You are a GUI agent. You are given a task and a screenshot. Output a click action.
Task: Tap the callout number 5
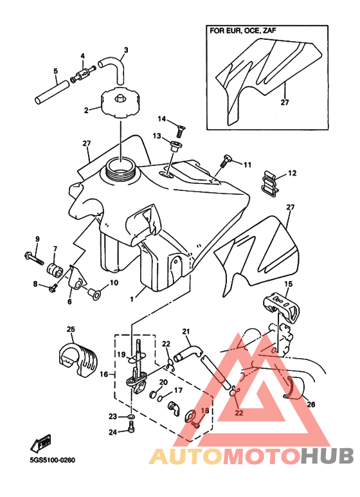click(x=56, y=70)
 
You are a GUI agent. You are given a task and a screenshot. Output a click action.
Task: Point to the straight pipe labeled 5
click(x=51, y=92)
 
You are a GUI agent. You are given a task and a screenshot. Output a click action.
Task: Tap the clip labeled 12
click(x=271, y=182)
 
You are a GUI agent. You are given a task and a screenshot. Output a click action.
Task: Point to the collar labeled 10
click(x=94, y=294)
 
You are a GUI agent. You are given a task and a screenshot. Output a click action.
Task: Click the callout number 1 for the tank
click(x=132, y=298)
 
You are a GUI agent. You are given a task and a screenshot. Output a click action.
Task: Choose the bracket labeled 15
click(x=282, y=307)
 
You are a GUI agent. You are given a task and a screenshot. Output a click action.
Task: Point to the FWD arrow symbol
click(x=40, y=443)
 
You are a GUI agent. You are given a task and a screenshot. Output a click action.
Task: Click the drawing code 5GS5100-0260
click(x=53, y=460)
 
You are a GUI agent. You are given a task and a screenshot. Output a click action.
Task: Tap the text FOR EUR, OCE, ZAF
click(x=243, y=31)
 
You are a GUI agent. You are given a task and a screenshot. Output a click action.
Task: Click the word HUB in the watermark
click(x=327, y=456)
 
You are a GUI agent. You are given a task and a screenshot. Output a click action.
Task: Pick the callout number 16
click(x=104, y=374)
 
